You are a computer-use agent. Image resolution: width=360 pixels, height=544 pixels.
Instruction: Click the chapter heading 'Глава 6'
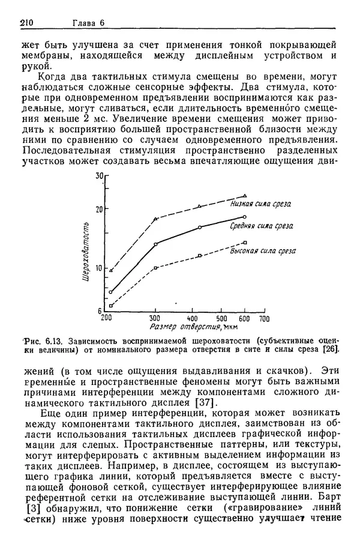click(89, 23)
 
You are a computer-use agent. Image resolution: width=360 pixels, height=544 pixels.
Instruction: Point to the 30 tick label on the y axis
click(100, 177)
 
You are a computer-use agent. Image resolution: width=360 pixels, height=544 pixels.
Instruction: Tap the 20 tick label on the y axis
click(100, 208)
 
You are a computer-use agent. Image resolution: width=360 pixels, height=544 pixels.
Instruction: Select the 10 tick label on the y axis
click(100, 268)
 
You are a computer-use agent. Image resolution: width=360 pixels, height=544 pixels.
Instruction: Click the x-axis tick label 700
click(263, 318)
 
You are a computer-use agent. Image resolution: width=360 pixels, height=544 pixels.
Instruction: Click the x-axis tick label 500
click(221, 318)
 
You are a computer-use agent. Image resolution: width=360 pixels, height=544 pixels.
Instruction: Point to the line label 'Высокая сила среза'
click(263, 251)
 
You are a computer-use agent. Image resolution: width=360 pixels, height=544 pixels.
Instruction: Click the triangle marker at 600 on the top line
click(245, 196)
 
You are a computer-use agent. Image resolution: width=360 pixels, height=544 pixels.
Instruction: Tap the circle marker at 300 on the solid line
click(155, 244)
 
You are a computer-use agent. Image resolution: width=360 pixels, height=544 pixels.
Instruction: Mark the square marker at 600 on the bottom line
click(245, 242)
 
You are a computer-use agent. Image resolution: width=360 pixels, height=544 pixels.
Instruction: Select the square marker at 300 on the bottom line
click(155, 268)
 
